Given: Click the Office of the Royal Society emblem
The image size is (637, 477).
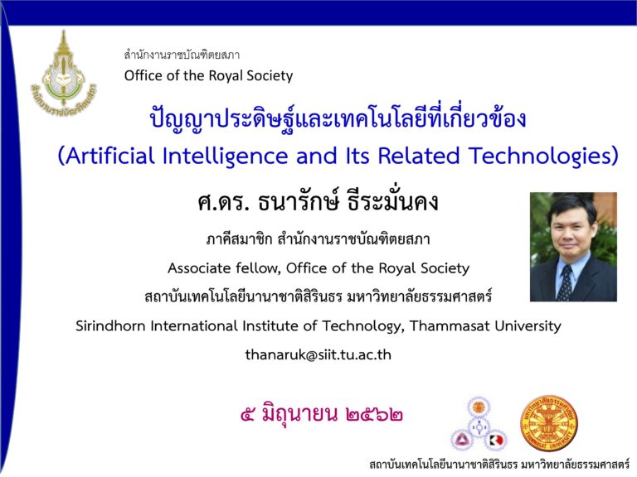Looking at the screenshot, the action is pos(64,72).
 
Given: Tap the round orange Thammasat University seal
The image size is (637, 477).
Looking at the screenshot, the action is pos(549,424).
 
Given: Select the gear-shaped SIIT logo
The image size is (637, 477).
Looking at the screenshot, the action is pos(479,425).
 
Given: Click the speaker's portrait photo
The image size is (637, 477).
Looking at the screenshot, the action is pos(573,247).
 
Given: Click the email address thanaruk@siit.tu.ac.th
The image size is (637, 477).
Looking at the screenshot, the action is pos(318,355).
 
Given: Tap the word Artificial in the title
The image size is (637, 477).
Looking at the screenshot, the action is pos(109,157).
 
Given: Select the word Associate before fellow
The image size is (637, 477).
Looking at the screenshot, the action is pos(200,268).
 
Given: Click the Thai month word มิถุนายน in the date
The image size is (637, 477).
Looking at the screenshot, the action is pos(299,414).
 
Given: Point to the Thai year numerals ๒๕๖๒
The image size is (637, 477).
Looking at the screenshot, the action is pos(375,415).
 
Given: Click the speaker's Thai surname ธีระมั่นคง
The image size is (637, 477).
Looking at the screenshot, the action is pos(393,201).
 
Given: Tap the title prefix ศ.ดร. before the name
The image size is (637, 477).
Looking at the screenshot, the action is pos(222,202).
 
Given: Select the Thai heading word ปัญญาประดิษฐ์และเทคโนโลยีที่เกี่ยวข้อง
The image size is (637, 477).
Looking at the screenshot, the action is pos(338,118).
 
